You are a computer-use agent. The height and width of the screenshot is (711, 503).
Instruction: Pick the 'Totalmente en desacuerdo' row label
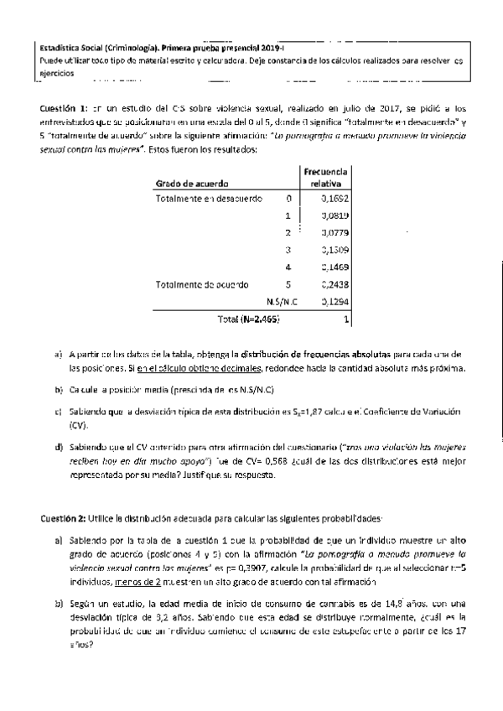[x=209, y=199]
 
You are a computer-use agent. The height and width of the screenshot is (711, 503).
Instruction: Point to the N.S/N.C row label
[x=277, y=301]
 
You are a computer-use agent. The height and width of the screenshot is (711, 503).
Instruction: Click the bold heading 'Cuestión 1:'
[x=64, y=110]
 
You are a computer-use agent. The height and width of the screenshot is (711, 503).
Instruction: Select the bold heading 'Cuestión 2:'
[x=64, y=517]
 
